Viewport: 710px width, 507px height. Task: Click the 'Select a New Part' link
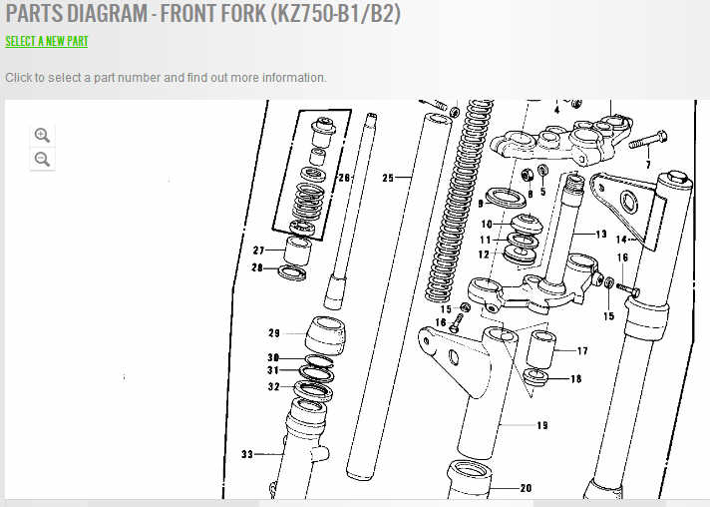(47, 41)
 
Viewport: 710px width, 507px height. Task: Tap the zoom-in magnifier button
(42, 135)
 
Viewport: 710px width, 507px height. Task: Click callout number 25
(388, 178)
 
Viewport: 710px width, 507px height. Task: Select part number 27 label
(258, 251)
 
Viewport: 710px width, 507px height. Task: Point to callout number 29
(274, 333)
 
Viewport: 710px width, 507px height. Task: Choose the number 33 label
(247, 454)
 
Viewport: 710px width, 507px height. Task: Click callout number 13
(601, 235)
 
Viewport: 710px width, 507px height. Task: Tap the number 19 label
(542, 425)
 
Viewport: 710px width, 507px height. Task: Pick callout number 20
(526, 488)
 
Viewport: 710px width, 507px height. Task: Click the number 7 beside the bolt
(648, 165)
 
